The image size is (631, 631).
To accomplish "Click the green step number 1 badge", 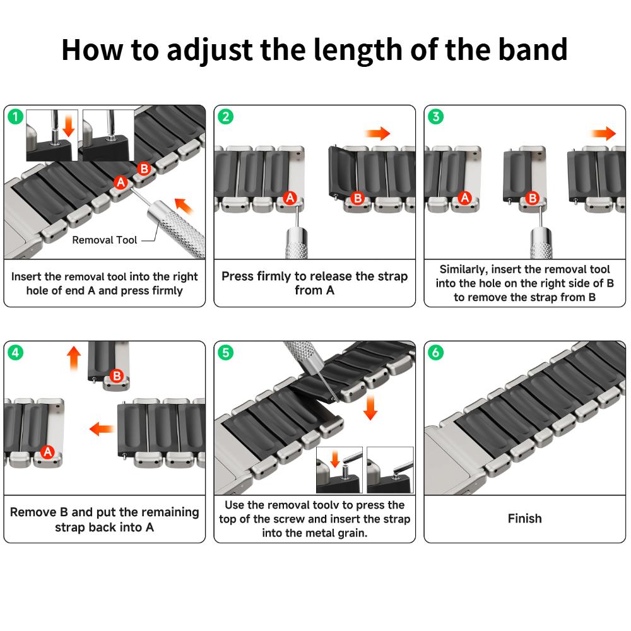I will pyautogui.click(x=15, y=116).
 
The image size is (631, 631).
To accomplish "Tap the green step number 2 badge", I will pyautogui.click(x=225, y=116).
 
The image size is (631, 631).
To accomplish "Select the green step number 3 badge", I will pyautogui.click(x=435, y=116).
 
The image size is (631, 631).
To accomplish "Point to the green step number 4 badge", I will pyautogui.click(x=15, y=352).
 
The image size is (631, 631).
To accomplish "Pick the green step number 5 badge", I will pyautogui.click(x=225, y=352).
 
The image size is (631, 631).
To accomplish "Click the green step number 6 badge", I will pyautogui.click(x=435, y=352).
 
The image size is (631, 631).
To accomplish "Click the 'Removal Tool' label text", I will pyautogui.click(x=104, y=240).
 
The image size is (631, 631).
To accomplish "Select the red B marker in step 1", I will pyautogui.click(x=144, y=168).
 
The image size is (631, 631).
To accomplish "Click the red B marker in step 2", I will pyautogui.click(x=358, y=198).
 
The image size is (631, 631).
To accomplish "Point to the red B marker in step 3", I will pyautogui.click(x=532, y=198).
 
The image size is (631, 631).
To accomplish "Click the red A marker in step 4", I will pyautogui.click(x=47, y=451).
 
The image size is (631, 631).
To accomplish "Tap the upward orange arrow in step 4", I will pyautogui.click(x=74, y=358).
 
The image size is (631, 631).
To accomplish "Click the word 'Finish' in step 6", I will pyautogui.click(x=524, y=519).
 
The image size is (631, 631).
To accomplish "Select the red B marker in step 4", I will pyautogui.click(x=116, y=376).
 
